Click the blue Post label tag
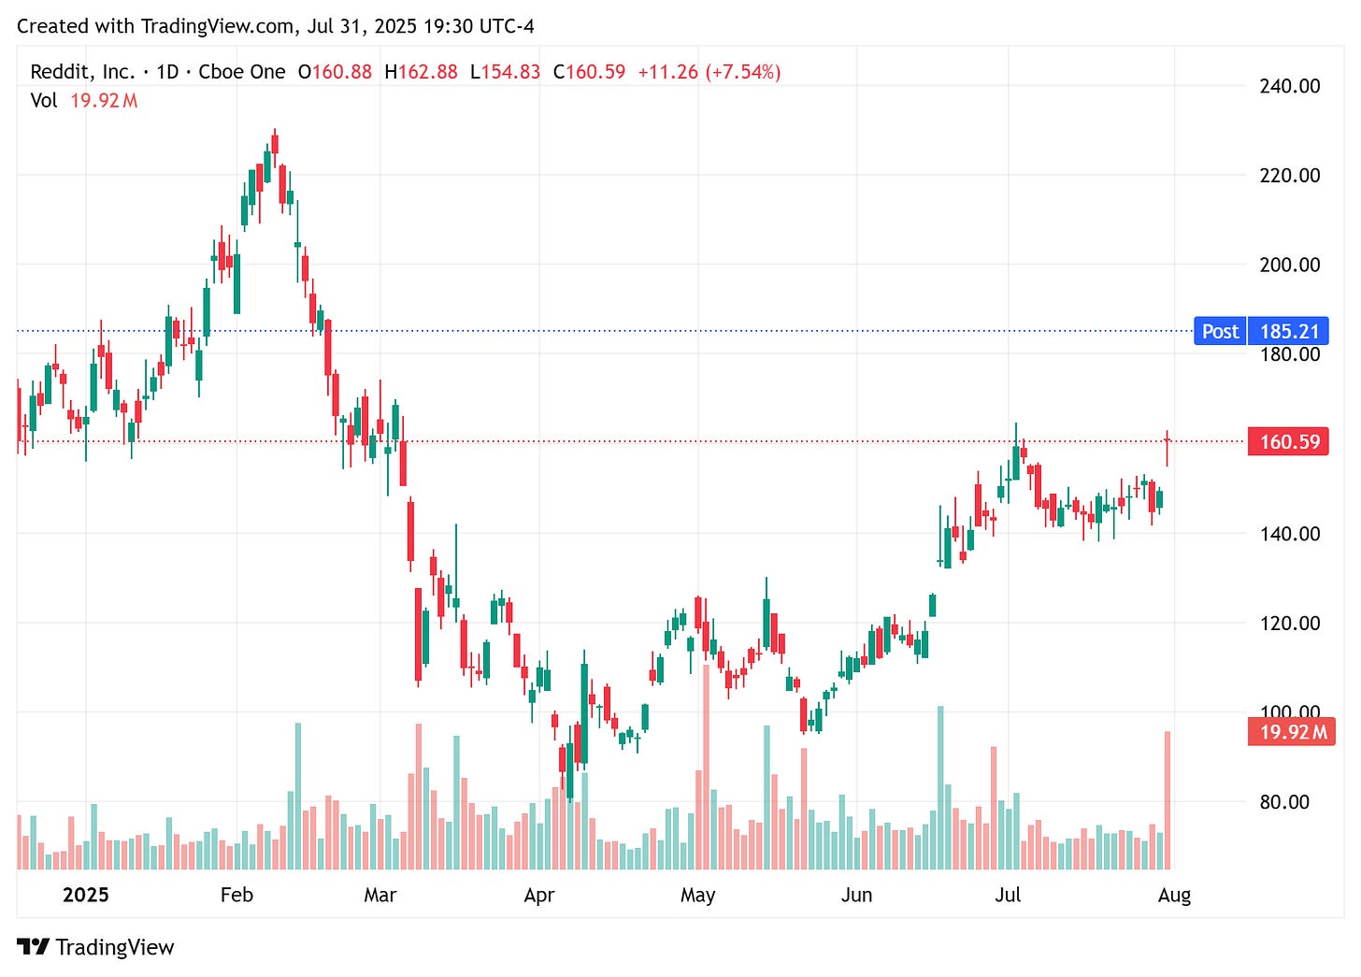(x=1220, y=331)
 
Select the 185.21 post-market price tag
(x=1288, y=331)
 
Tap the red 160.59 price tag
(x=1288, y=441)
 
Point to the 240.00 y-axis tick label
(x=1289, y=86)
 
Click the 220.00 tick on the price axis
(x=1289, y=175)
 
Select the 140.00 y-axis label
(x=1289, y=534)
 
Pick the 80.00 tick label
(x=1284, y=802)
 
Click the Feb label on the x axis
(x=236, y=895)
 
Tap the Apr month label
(x=538, y=895)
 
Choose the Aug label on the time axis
(x=1174, y=895)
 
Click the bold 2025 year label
(x=86, y=895)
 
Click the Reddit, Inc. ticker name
(x=82, y=72)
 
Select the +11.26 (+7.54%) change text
(x=709, y=72)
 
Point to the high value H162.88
(x=421, y=72)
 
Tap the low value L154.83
(x=505, y=72)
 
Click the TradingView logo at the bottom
(x=95, y=947)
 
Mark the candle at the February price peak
(x=275, y=144)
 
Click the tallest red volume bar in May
(x=706, y=767)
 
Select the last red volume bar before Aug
(x=1168, y=800)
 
